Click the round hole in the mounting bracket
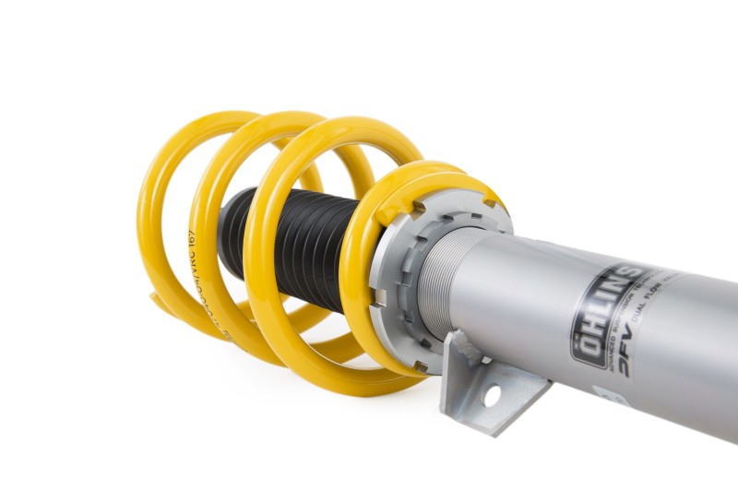pos(492,394)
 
